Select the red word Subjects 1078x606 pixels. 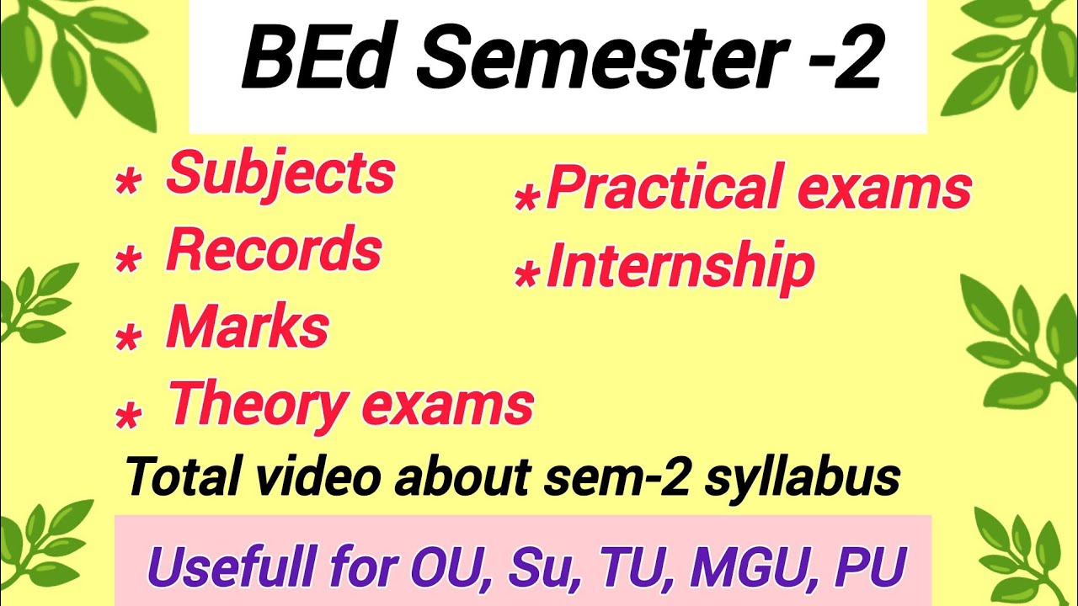280,173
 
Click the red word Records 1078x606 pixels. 274,250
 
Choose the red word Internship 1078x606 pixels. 680,267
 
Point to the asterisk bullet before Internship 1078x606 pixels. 526,277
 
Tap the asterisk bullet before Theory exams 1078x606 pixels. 127,416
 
